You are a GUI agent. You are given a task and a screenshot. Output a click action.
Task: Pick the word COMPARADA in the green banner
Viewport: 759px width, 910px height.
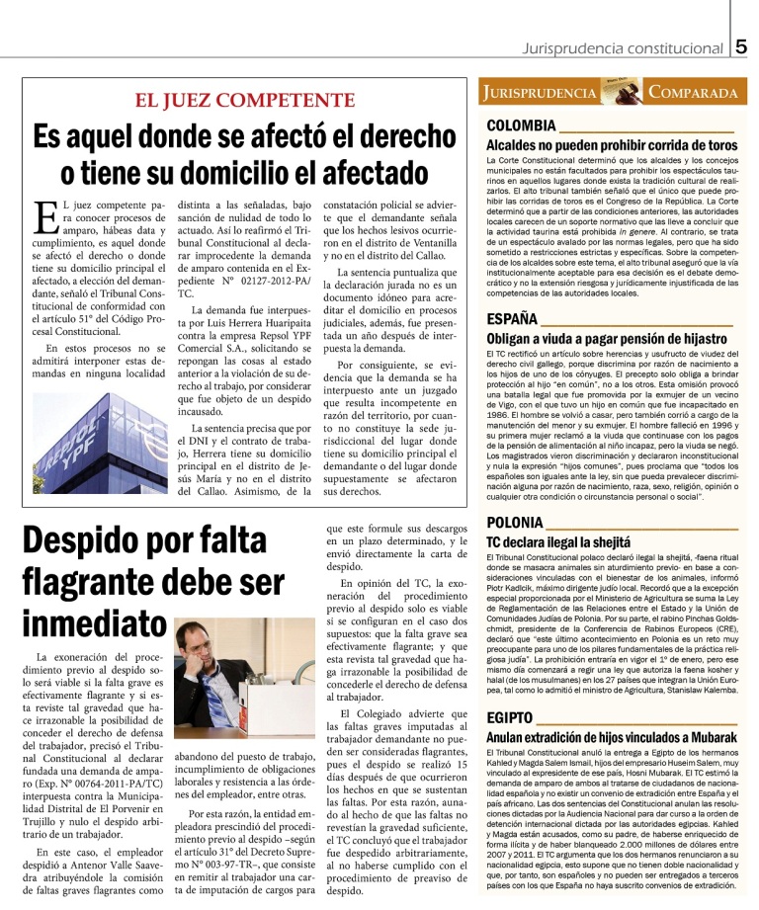point(694,93)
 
